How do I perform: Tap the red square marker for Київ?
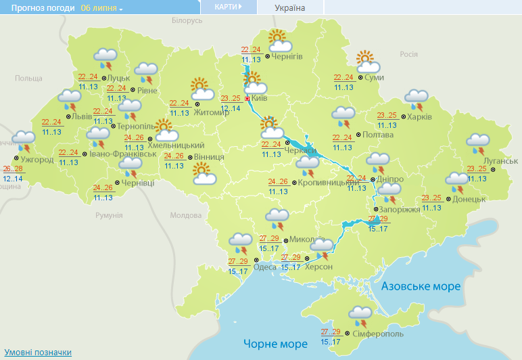pos(247,98)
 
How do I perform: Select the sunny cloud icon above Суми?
pos(367,62)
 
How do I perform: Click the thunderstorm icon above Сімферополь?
pos(360,315)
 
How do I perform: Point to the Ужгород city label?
pos(37,160)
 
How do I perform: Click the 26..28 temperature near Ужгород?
pos(13,168)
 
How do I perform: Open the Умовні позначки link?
pos(38,353)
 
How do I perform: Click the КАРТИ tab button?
pos(229,7)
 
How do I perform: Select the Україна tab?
pos(290,7)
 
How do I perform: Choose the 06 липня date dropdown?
pos(101,8)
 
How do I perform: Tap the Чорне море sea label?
pos(275,344)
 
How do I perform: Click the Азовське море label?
pos(421,286)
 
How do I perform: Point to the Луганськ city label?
pos(502,160)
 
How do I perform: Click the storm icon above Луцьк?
pos(104,59)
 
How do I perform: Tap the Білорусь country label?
pos(187,21)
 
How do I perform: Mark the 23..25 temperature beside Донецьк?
pos(431,198)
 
